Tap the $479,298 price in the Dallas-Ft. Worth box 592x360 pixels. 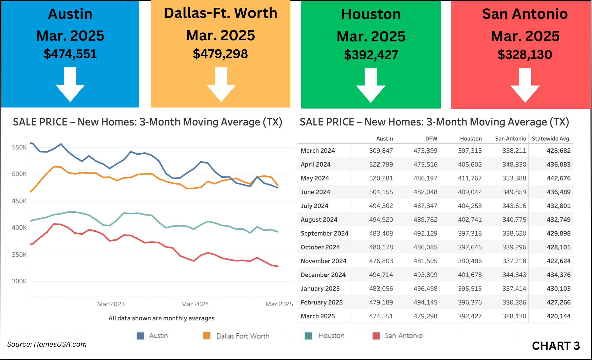[220, 54]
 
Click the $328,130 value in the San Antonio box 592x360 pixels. [525, 55]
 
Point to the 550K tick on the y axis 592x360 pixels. [19, 147]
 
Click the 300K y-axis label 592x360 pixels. [19, 281]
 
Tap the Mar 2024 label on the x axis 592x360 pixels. [195, 304]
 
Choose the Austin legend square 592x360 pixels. [140, 336]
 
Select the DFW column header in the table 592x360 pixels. [431, 139]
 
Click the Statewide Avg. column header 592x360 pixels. [551, 139]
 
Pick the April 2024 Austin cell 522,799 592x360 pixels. [381, 164]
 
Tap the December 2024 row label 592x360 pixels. [323, 275]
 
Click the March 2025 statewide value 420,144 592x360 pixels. [558, 316]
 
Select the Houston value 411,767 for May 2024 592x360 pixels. [470, 178]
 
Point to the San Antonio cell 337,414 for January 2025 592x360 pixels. [514, 289]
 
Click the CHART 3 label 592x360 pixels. [556, 346]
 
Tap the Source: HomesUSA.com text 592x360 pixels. [47, 344]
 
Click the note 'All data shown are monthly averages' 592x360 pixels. [161, 318]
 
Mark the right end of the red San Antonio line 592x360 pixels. [278, 266]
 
